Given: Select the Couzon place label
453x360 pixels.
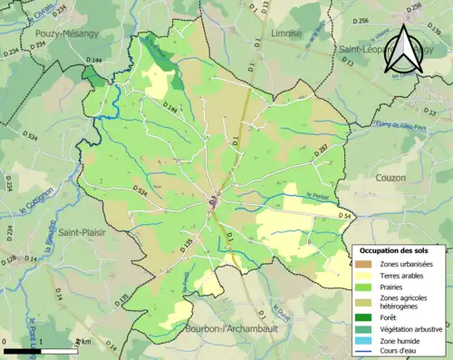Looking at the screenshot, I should [x=389, y=178].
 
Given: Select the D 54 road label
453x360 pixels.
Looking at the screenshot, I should [x=343, y=215].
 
